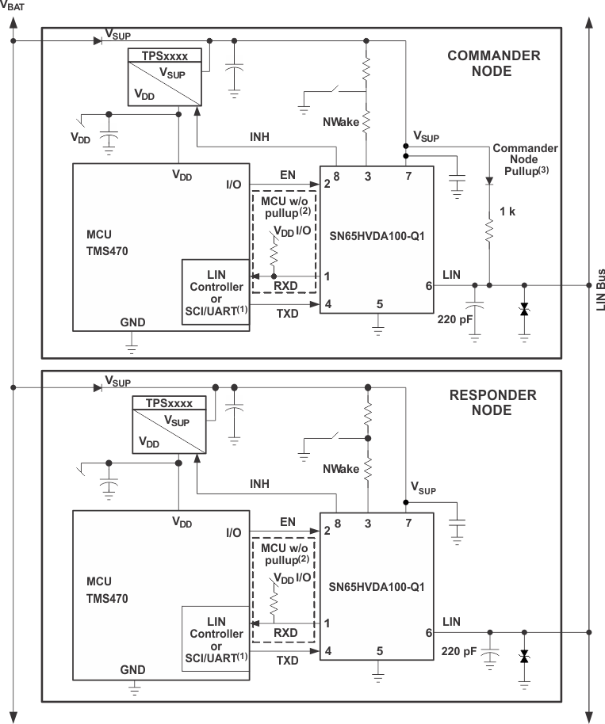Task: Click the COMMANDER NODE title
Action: click(x=494, y=63)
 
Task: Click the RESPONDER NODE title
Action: click(x=492, y=403)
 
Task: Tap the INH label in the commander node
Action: click(x=259, y=136)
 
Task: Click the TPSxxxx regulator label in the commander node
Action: click(x=166, y=56)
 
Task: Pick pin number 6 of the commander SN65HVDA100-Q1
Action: click(x=429, y=286)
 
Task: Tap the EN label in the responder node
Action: click(x=287, y=522)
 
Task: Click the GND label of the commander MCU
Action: click(x=132, y=322)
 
